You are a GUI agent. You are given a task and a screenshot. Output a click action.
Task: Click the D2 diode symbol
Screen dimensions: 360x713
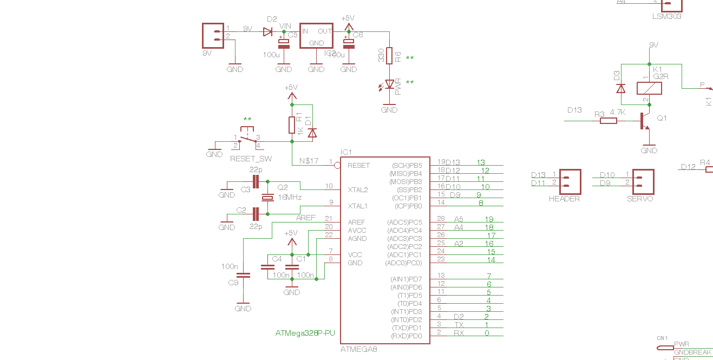[x=267, y=32]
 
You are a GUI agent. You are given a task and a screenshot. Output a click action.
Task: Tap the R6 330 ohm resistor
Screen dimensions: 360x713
[x=389, y=55]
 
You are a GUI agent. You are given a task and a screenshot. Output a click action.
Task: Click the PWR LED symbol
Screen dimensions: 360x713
[x=389, y=84]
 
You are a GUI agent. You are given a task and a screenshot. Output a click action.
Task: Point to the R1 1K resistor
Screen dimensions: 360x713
[x=292, y=125]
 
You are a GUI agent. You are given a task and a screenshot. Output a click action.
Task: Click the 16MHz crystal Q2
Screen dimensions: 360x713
[x=266, y=198]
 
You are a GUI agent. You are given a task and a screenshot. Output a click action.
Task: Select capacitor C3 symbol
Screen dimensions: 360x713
[x=256, y=181]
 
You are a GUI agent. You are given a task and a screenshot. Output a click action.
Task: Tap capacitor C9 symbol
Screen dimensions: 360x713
[x=244, y=274]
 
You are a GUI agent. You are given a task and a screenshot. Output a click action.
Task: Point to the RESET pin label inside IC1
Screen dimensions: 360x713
[x=358, y=166]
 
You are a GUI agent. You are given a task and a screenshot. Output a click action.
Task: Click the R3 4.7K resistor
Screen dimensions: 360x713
[x=609, y=121]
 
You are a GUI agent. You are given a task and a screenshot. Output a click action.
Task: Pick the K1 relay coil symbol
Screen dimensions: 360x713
[x=649, y=88]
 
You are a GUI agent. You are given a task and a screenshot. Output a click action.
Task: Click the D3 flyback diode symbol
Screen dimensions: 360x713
[x=621, y=88]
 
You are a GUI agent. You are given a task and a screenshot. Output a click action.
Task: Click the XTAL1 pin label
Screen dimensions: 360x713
[x=357, y=206]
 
